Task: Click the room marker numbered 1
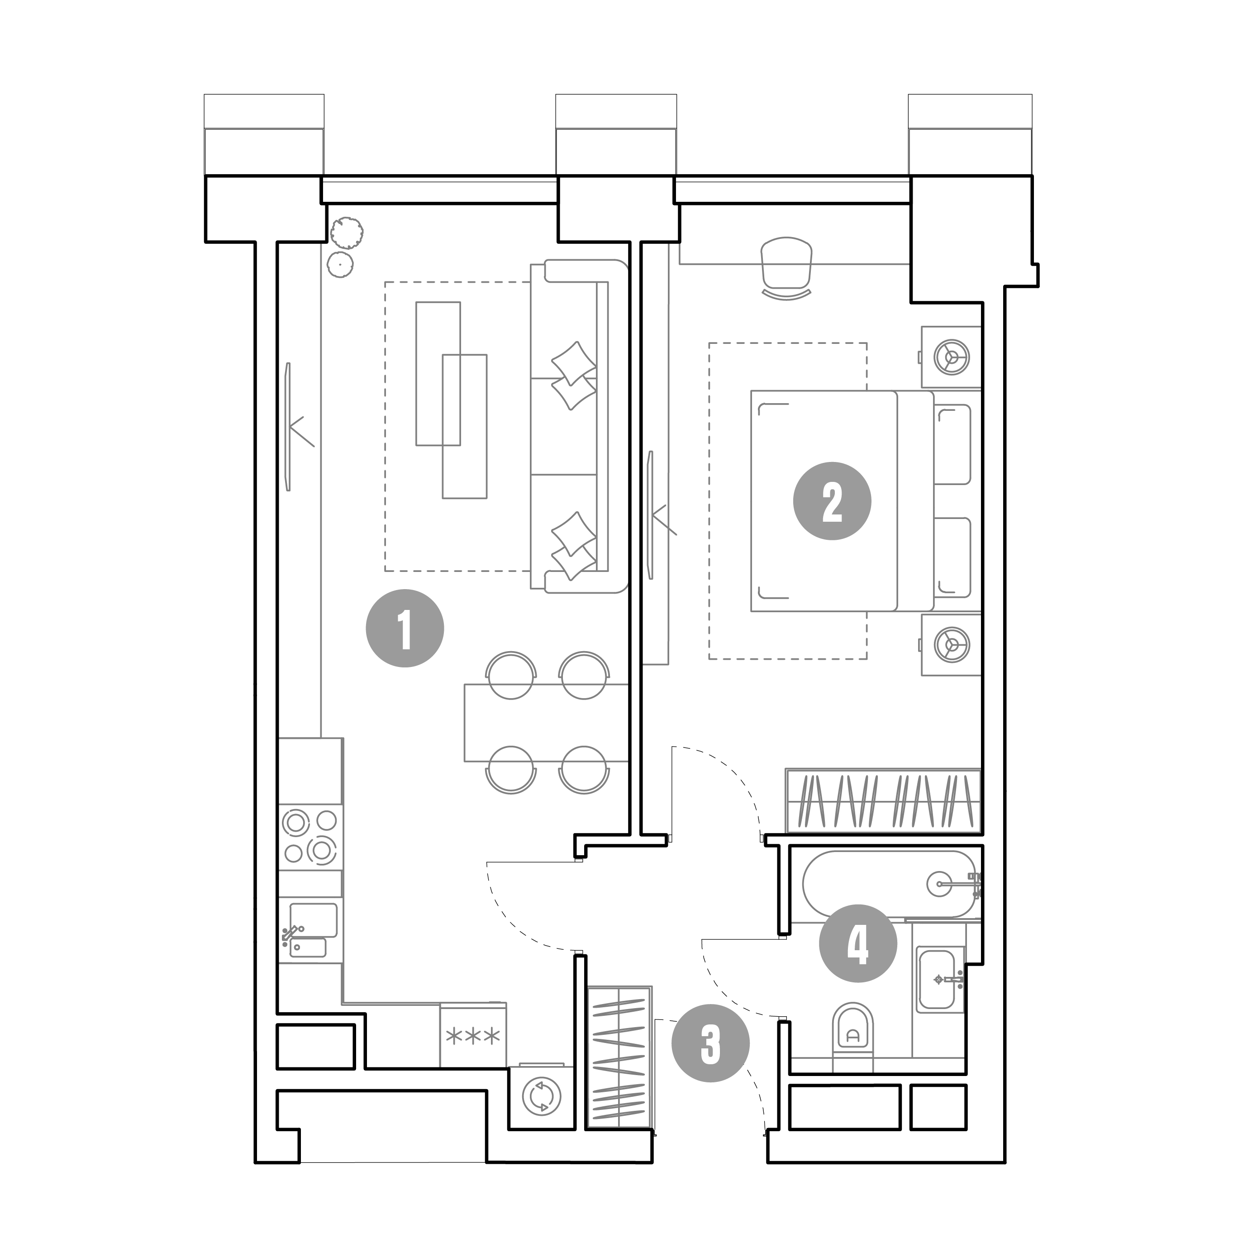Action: [405, 628]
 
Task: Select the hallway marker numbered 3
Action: [710, 1043]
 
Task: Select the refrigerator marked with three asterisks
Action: [473, 1034]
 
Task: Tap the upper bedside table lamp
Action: [951, 357]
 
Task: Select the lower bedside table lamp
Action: [951, 645]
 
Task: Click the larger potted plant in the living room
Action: [347, 232]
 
